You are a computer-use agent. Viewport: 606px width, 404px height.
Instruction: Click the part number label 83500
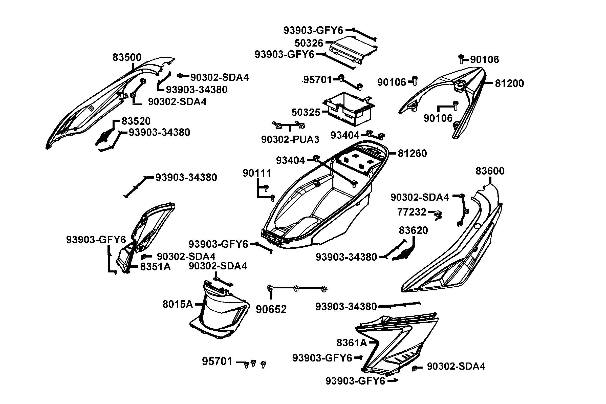pos(127,57)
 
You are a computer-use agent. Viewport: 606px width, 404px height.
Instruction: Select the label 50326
pos(309,43)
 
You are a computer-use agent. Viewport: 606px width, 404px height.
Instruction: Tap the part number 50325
pos(306,112)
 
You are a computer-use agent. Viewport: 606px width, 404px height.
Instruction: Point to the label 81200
pos(509,83)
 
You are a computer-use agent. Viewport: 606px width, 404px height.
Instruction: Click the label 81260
pos(412,153)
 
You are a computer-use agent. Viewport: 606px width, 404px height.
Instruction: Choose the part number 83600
pos(490,171)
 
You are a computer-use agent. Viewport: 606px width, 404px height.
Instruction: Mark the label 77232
pos(412,212)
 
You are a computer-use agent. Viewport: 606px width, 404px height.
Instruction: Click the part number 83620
pos(413,230)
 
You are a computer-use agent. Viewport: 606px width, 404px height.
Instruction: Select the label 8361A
pos(352,343)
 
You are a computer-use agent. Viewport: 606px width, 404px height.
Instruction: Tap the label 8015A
pos(178,304)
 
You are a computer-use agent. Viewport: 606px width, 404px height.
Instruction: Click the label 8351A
pos(155,267)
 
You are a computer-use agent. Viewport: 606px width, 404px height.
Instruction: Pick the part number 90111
pos(257,173)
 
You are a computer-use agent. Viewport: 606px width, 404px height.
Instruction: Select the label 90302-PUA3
pos(290,139)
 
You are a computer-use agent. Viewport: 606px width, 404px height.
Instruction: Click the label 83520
pos(136,121)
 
